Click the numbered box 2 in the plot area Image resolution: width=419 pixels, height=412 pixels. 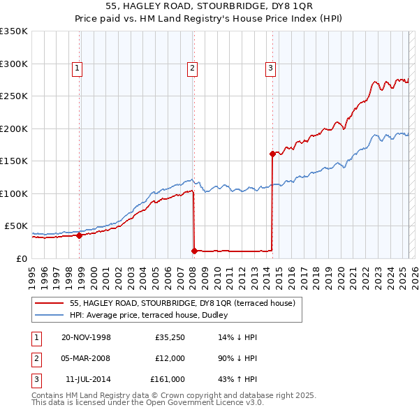[x=192, y=68]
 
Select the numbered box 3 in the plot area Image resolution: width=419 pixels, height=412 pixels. [x=270, y=68]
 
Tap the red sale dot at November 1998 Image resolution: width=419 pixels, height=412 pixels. [x=80, y=235]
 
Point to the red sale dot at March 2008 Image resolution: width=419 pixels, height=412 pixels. [x=194, y=250]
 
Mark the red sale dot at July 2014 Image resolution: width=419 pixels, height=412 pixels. [x=272, y=154]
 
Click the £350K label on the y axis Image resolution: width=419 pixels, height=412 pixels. [x=13, y=31]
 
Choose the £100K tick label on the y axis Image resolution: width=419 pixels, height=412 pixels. [x=13, y=193]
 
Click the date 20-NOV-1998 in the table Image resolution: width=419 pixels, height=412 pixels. [x=87, y=337]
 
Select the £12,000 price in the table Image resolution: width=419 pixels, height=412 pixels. [x=170, y=358]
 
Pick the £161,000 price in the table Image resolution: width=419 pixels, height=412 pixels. [x=168, y=379]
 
